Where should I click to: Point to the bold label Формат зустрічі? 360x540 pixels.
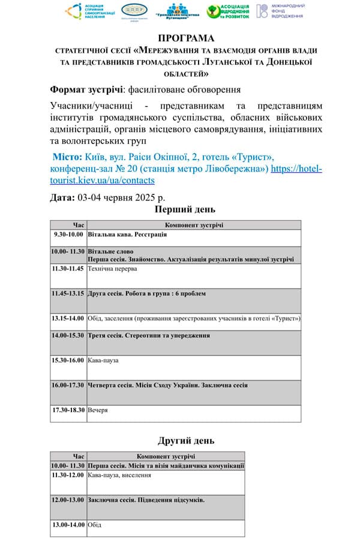tap(86, 89)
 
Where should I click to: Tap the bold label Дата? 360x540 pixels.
tap(63, 197)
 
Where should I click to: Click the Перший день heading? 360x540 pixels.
tap(185, 209)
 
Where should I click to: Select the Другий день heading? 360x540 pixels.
tap(186, 441)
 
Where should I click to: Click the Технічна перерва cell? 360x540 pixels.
tap(112, 268)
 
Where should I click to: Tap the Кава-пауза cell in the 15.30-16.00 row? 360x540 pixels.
tap(103, 360)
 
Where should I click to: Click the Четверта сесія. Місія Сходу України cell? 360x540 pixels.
tap(167, 385)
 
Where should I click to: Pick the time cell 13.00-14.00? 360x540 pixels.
tap(68, 524)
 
